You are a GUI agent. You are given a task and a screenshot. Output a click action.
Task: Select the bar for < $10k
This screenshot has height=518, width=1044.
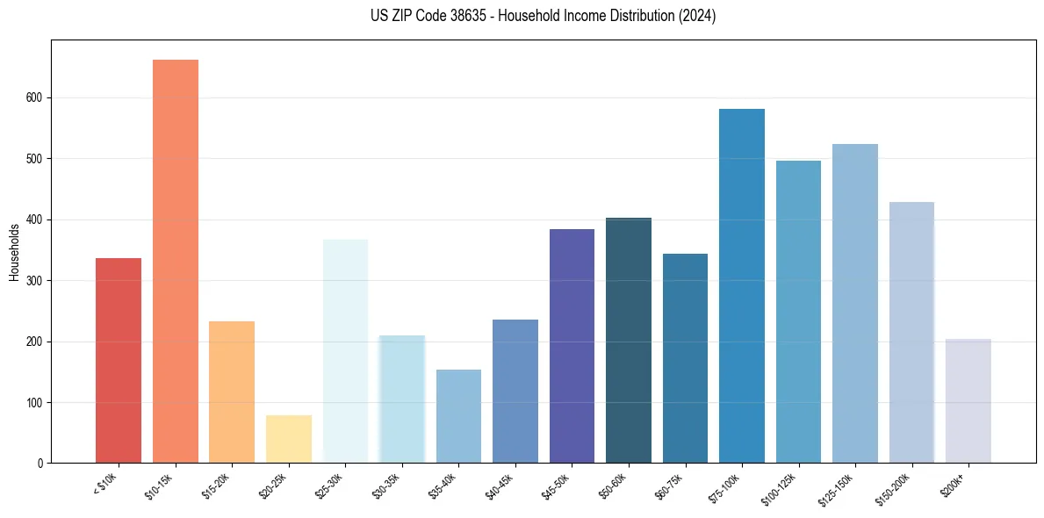click(x=119, y=360)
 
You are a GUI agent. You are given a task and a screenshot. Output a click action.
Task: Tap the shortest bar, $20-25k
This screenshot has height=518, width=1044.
click(x=289, y=439)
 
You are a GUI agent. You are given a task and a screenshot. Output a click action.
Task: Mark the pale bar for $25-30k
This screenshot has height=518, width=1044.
click(x=345, y=351)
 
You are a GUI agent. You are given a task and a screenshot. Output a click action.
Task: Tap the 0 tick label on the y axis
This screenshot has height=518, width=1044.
click(x=40, y=463)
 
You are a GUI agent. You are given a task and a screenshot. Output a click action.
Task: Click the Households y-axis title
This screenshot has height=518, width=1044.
click(x=14, y=251)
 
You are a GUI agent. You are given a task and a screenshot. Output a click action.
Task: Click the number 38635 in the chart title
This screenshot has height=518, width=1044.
click(x=457, y=16)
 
